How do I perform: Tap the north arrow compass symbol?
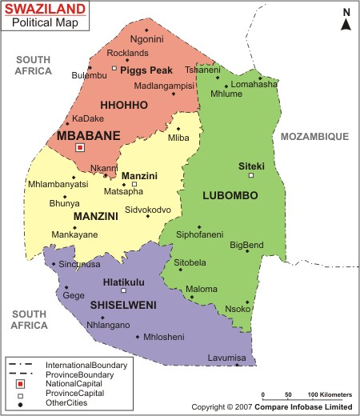coord(346,19)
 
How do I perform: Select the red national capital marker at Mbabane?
coord(79,147)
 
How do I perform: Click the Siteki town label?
coord(251,166)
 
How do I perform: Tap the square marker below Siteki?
coord(251,175)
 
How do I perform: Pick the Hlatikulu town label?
coord(124,282)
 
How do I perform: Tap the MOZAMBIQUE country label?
coord(314,137)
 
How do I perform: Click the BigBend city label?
coord(246,244)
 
